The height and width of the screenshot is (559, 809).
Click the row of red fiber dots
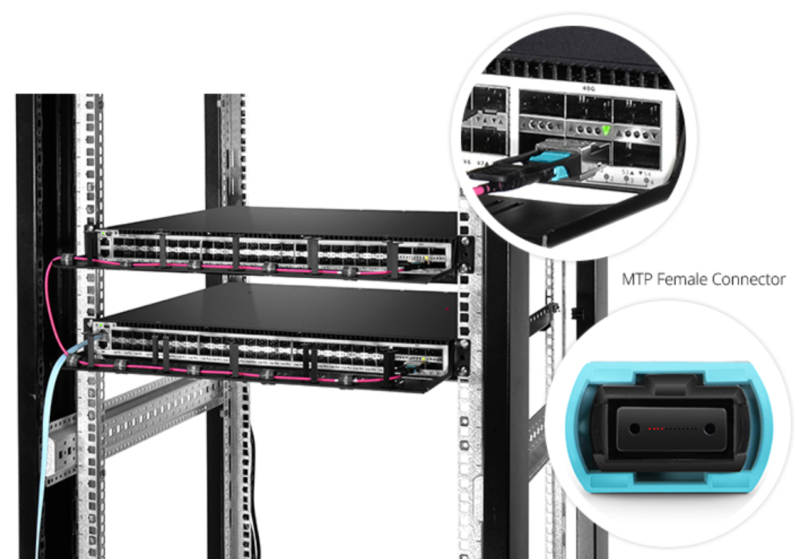(656, 428)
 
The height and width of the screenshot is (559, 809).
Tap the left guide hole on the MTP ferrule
(634, 428)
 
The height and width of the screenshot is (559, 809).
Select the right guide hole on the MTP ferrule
(710, 428)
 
